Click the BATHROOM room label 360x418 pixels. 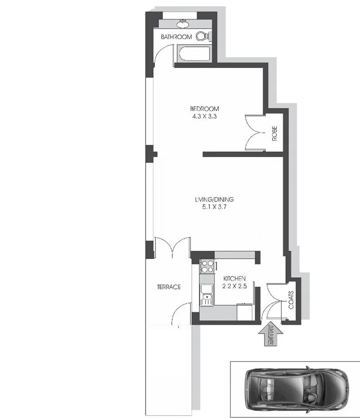pos(176,37)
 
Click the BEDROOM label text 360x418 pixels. pos(204,108)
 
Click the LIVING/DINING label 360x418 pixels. pos(215,199)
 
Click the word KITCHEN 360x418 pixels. pos(234,278)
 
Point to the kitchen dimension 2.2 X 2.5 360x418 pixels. pos(234,286)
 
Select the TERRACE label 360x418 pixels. pos(168,287)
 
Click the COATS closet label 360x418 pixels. pos(291,300)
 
